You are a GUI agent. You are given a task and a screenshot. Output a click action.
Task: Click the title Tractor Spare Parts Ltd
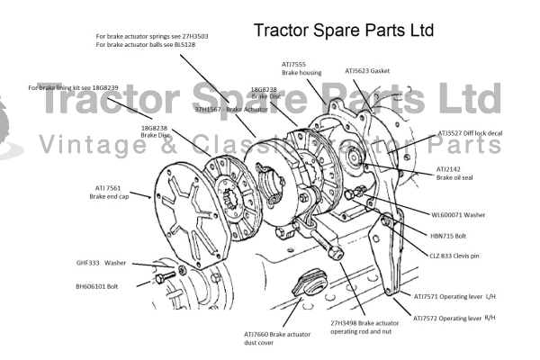[x=344, y=30]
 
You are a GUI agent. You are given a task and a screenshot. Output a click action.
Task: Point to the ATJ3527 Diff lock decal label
[x=470, y=132]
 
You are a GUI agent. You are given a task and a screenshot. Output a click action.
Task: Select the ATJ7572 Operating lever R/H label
[x=454, y=318]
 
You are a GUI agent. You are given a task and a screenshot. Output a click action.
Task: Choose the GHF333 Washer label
[x=102, y=263]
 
